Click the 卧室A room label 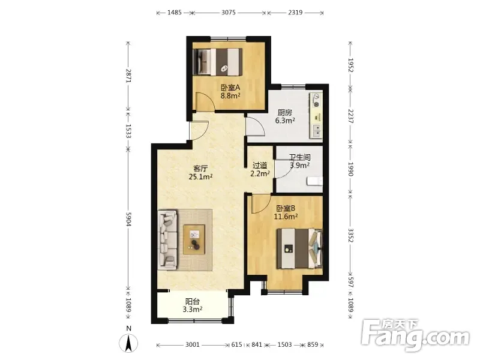click(230, 88)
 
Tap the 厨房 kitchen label click(284, 112)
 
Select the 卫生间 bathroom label click(299, 158)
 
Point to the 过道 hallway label click(260, 166)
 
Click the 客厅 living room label click(200, 169)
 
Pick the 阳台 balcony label click(193, 302)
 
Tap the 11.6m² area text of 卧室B click(286, 217)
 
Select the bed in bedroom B click(299, 248)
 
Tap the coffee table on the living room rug click(194, 239)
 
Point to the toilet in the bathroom click(314, 181)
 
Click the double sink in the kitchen click(316, 131)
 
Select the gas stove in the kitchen click(316, 100)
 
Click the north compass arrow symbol click(129, 343)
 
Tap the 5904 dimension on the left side click(128, 219)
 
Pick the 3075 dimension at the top click(229, 13)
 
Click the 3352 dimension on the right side click(351, 235)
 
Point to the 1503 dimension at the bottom click(284, 344)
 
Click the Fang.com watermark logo click(415, 336)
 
